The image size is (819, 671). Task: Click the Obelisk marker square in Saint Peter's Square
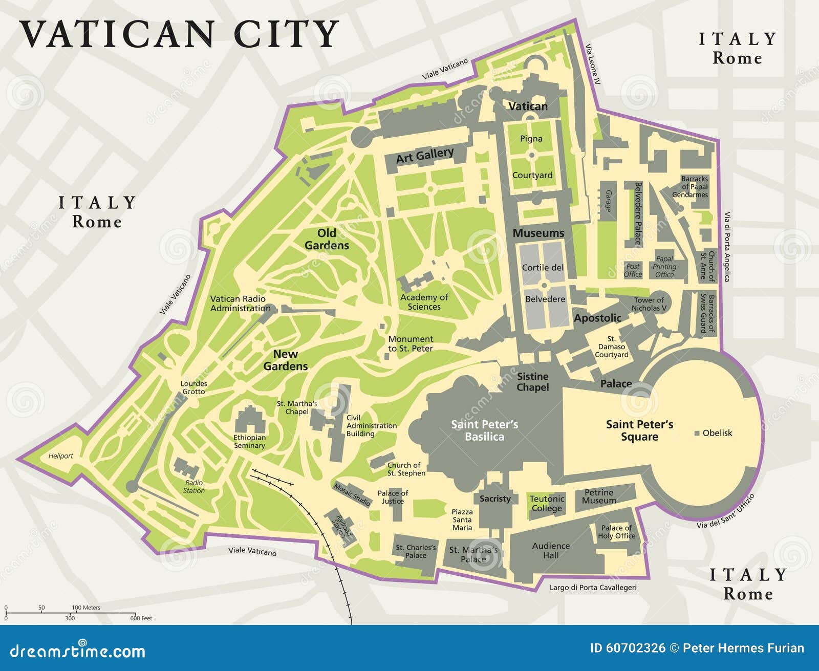point(697,433)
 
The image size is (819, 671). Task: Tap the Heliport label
point(60,456)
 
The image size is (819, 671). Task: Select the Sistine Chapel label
point(532,382)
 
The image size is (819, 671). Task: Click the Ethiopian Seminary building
point(250,421)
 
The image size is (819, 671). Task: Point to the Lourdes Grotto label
point(194,387)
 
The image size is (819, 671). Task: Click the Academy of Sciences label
point(424,302)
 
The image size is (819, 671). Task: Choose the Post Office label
point(633,270)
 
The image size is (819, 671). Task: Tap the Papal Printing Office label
point(664,267)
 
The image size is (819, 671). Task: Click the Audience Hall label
point(551,550)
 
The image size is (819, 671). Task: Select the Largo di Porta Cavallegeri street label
point(593,588)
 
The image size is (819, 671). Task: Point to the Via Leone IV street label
point(593,64)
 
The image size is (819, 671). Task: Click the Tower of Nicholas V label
point(649,304)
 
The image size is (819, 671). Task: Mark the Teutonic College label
point(547,503)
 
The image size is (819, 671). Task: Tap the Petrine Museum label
point(599,496)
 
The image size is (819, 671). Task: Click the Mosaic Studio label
point(352,494)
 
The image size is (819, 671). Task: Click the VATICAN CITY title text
point(179,34)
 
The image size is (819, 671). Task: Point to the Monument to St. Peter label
point(411,343)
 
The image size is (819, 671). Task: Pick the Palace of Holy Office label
point(617,532)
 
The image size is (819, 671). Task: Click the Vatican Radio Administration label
point(240,304)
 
